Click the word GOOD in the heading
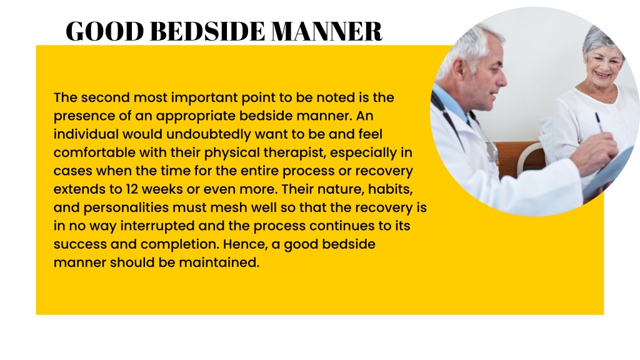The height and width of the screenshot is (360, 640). pyautogui.click(x=105, y=31)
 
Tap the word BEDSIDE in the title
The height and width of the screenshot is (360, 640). pyautogui.click(x=207, y=31)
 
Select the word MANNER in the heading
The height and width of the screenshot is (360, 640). pyautogui.click(x=326, y=31)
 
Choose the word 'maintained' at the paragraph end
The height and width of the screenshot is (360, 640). pyautogui.click(x=219, y=262)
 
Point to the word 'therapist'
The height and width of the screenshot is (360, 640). pyautogui.click(x=295, y=152)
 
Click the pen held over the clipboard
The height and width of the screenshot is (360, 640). pyautogui.click(x=599, y=122)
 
